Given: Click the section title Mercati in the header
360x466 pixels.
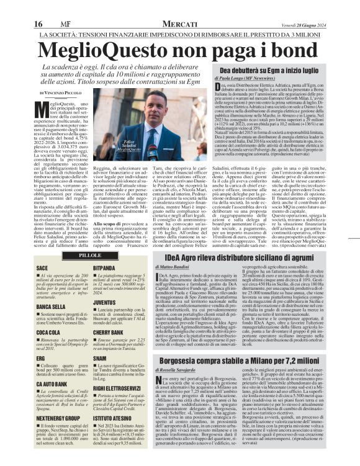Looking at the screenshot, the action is [179, 23].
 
